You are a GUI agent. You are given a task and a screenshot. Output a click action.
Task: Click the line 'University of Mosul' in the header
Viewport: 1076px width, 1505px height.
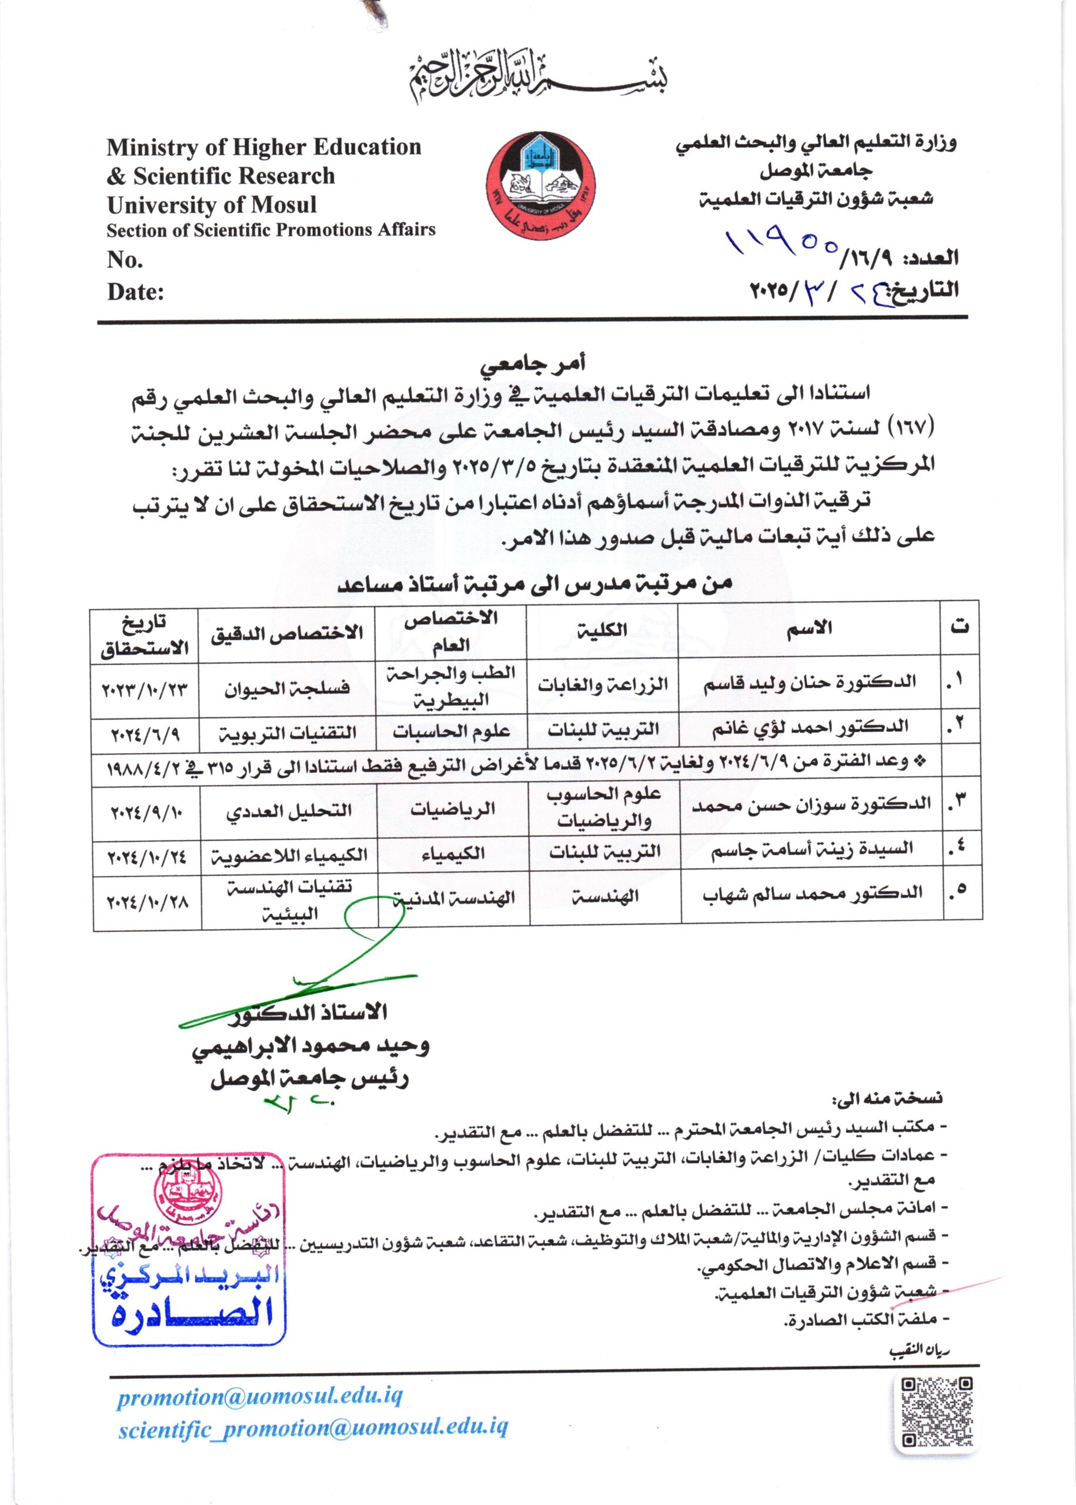coord(212,205)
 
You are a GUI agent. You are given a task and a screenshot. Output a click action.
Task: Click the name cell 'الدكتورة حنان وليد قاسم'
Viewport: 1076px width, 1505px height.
coord(809,683)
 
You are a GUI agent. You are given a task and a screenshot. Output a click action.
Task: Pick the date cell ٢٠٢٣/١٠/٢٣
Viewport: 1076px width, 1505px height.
coord(145,689)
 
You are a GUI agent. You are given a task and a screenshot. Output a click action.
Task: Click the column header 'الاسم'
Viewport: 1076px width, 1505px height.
coord(809,629)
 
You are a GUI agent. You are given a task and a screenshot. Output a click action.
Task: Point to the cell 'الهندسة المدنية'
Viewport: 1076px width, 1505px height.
coord(454,899)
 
